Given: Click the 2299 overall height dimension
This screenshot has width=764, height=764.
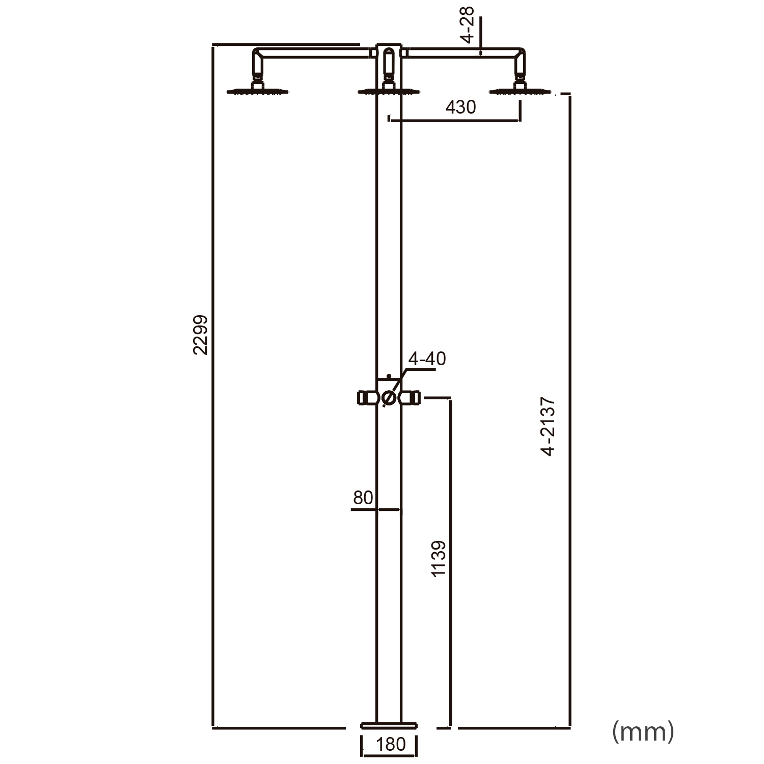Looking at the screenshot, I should (x=200, y=335).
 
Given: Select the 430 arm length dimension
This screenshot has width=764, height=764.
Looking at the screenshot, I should (x=460, y=107).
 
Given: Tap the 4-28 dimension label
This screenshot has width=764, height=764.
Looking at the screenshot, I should (x=467, y=24).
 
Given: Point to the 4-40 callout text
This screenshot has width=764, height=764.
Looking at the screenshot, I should (x=427, y=359).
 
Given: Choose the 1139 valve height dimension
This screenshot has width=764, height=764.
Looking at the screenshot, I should (x=439, y=559).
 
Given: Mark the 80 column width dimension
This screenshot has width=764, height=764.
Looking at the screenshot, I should (x=363, y=498).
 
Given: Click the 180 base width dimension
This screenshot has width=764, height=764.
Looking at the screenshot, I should (x=390, y=744).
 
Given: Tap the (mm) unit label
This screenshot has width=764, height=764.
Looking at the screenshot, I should (x=643, y=731).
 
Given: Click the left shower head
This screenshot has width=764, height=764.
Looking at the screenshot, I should (x=259, y=92).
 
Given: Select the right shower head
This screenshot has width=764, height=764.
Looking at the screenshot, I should (x=520, y=92).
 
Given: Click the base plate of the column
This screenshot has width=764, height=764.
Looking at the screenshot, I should (x=389, y=724).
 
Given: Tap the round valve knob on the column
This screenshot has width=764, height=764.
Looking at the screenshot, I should (x=389, y=398).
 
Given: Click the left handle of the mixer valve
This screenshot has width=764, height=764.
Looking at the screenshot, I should (x=366, y=398).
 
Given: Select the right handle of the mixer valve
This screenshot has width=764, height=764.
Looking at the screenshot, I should (x=411, y=398).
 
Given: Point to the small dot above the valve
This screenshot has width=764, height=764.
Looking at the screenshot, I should (x=389, y=376).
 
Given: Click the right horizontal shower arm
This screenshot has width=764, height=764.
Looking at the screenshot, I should (x=463, y=52).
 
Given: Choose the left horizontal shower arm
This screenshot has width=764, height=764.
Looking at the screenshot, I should (x=313, y=52).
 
